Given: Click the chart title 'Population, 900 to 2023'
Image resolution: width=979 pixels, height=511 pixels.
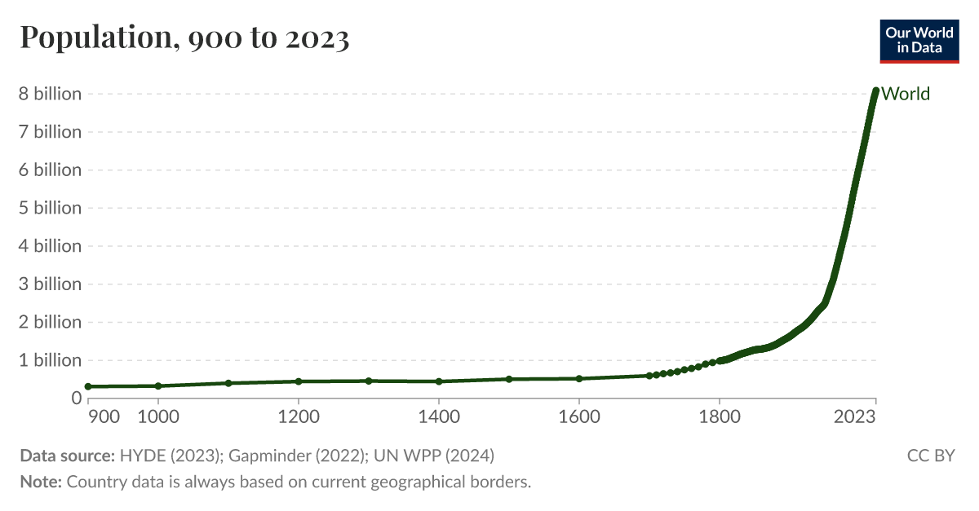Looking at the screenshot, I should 184,37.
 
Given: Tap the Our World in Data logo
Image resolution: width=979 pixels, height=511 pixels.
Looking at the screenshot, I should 919,38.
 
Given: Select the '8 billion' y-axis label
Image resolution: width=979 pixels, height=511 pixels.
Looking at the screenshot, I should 51,94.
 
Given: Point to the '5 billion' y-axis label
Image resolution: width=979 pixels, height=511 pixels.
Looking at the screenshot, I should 51,208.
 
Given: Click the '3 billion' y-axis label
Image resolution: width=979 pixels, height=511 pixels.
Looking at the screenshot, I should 51,284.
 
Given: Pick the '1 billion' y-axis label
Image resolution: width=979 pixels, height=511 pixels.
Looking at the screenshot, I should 51,360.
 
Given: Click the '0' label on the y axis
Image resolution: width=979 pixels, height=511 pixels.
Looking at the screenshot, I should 76,398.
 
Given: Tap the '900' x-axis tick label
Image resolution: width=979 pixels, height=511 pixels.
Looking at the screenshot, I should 104,417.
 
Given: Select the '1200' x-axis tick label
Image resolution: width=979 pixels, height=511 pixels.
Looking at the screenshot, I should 299,417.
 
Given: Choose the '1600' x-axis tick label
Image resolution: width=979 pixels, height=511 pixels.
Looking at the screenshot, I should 578,417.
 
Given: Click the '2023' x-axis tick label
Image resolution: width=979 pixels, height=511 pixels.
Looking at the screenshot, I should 855,417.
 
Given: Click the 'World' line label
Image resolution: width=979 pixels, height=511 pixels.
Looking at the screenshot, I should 906,94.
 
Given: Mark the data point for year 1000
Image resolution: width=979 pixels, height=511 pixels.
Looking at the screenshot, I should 158,385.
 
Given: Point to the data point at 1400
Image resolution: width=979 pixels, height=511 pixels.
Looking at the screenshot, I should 439,381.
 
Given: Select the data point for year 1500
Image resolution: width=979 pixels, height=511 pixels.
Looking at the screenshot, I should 509,379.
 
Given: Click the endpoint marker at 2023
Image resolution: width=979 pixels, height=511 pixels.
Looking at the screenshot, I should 875,91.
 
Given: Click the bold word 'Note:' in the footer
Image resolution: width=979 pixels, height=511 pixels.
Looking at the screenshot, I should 41,482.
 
